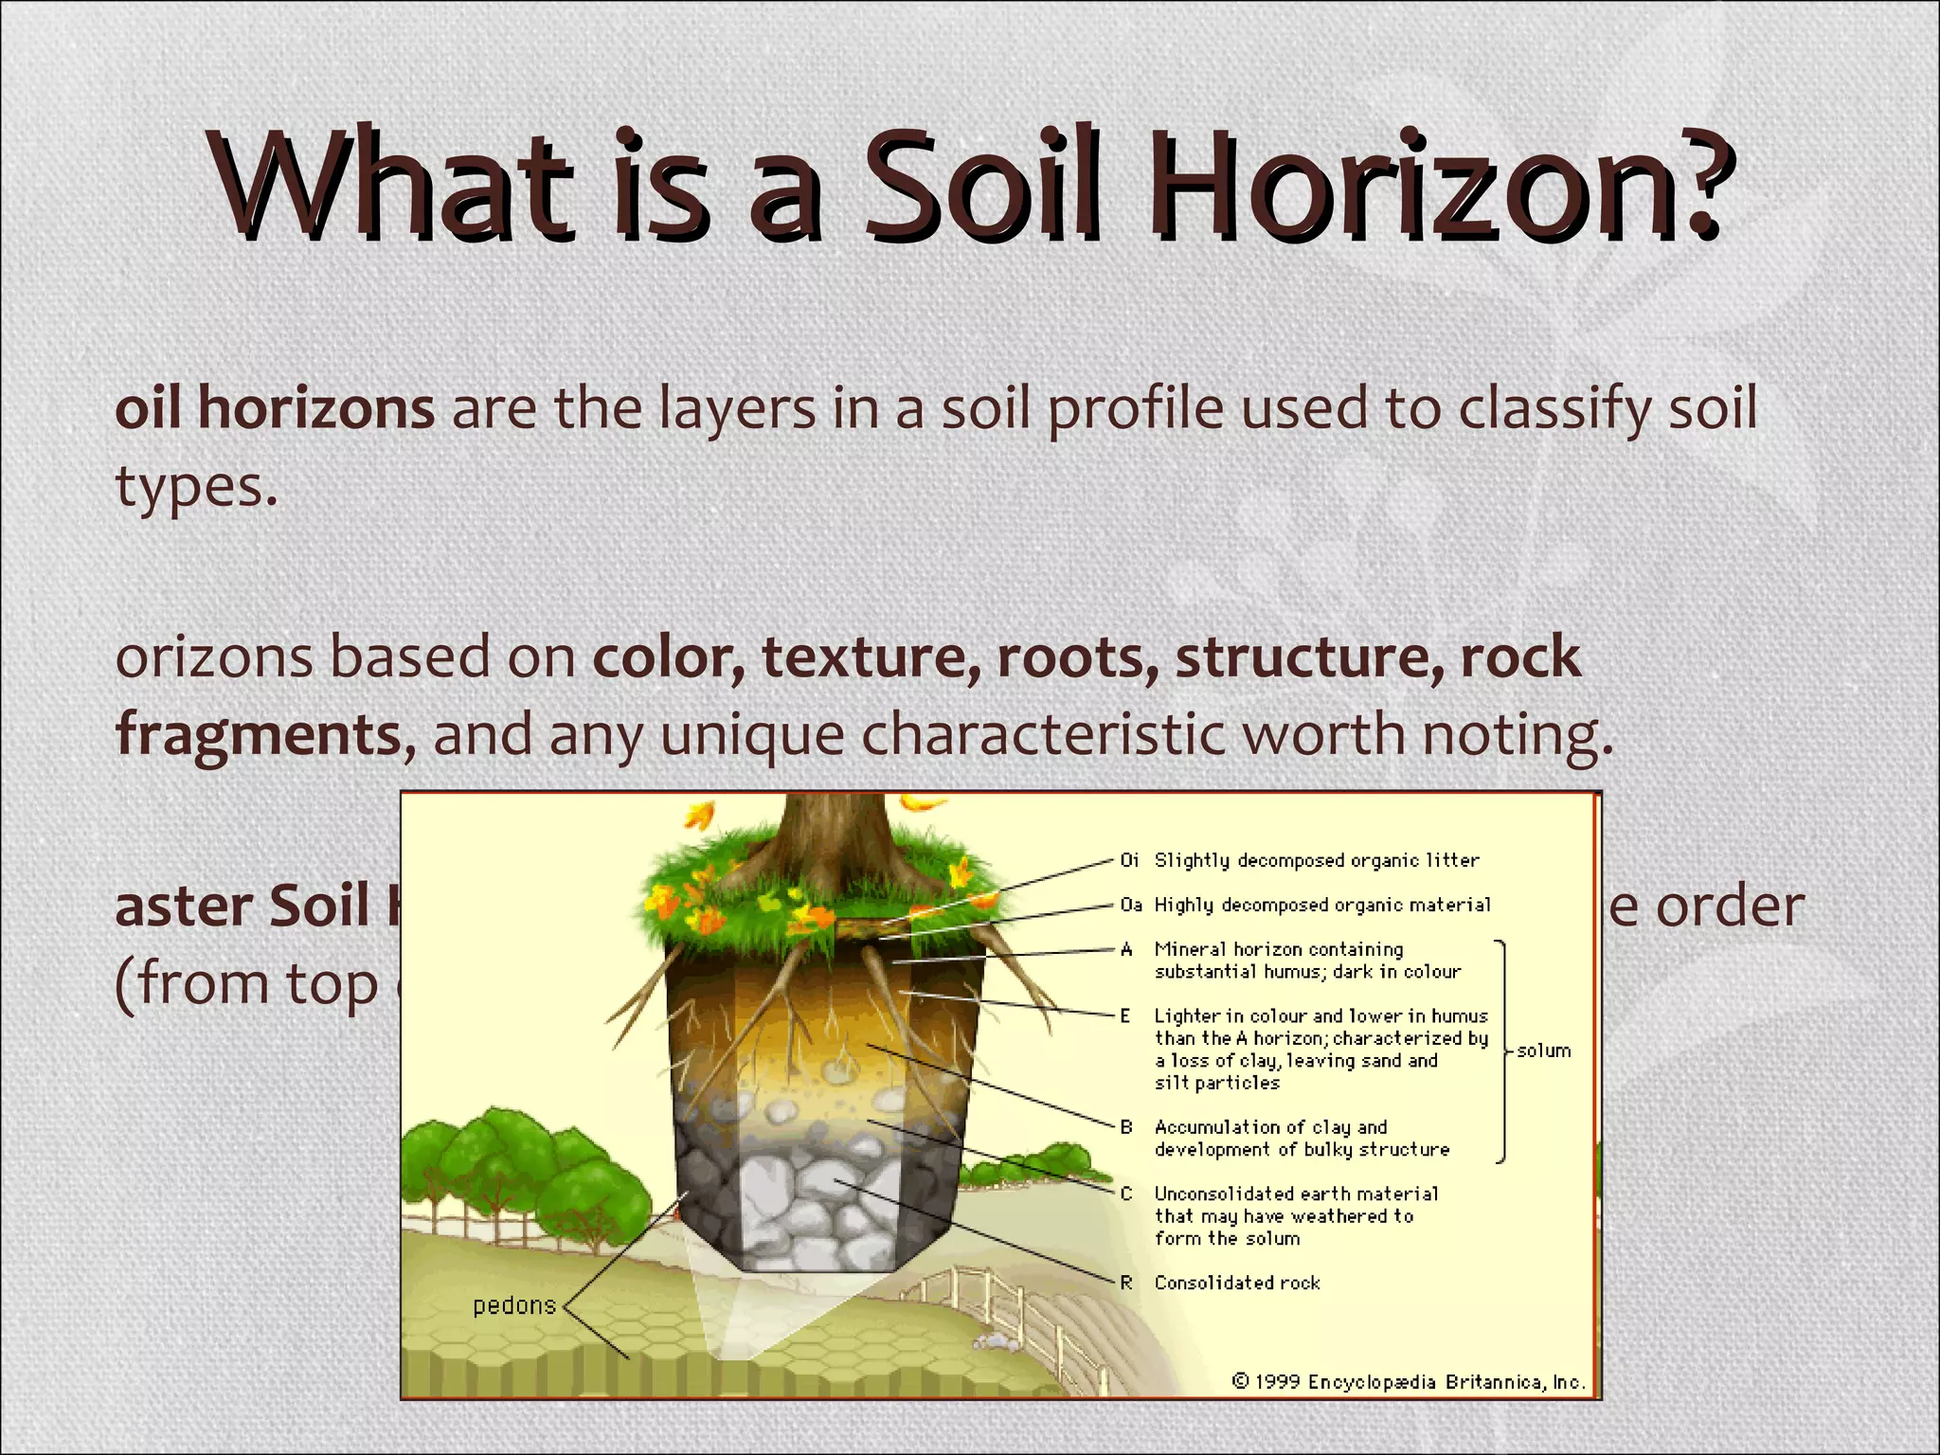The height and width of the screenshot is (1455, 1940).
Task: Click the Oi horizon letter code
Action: (1129, 860)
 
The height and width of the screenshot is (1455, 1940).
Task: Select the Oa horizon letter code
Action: (1130, 905)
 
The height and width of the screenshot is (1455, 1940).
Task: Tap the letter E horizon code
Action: (1125, 1016)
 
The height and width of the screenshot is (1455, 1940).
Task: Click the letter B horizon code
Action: (1126, 1127)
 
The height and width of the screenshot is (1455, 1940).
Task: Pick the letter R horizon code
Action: (1126, 1283)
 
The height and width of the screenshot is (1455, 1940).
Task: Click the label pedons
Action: (514, 1305)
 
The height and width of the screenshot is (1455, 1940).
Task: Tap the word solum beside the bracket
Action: (1543, 1051)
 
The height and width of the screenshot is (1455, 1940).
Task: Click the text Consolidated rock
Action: (1236, 1283)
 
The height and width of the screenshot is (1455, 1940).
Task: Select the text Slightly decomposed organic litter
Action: (1316, 860)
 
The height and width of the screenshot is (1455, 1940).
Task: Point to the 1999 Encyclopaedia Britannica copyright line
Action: (1408, 1382)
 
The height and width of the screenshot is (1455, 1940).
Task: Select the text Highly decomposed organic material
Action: (1321, 905)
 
